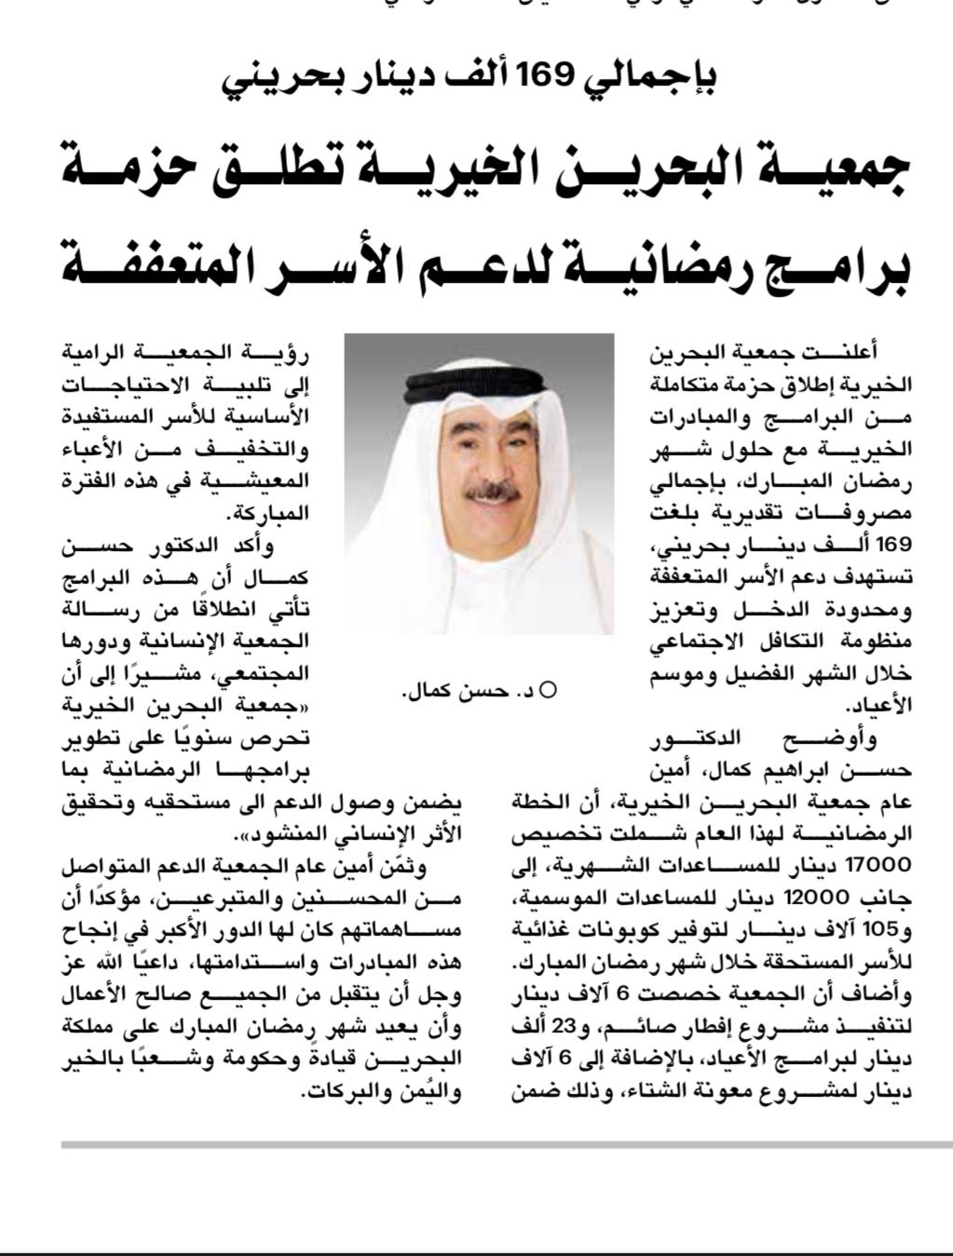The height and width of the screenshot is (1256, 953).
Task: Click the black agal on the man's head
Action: pyautogui.click(x=477, y=381)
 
